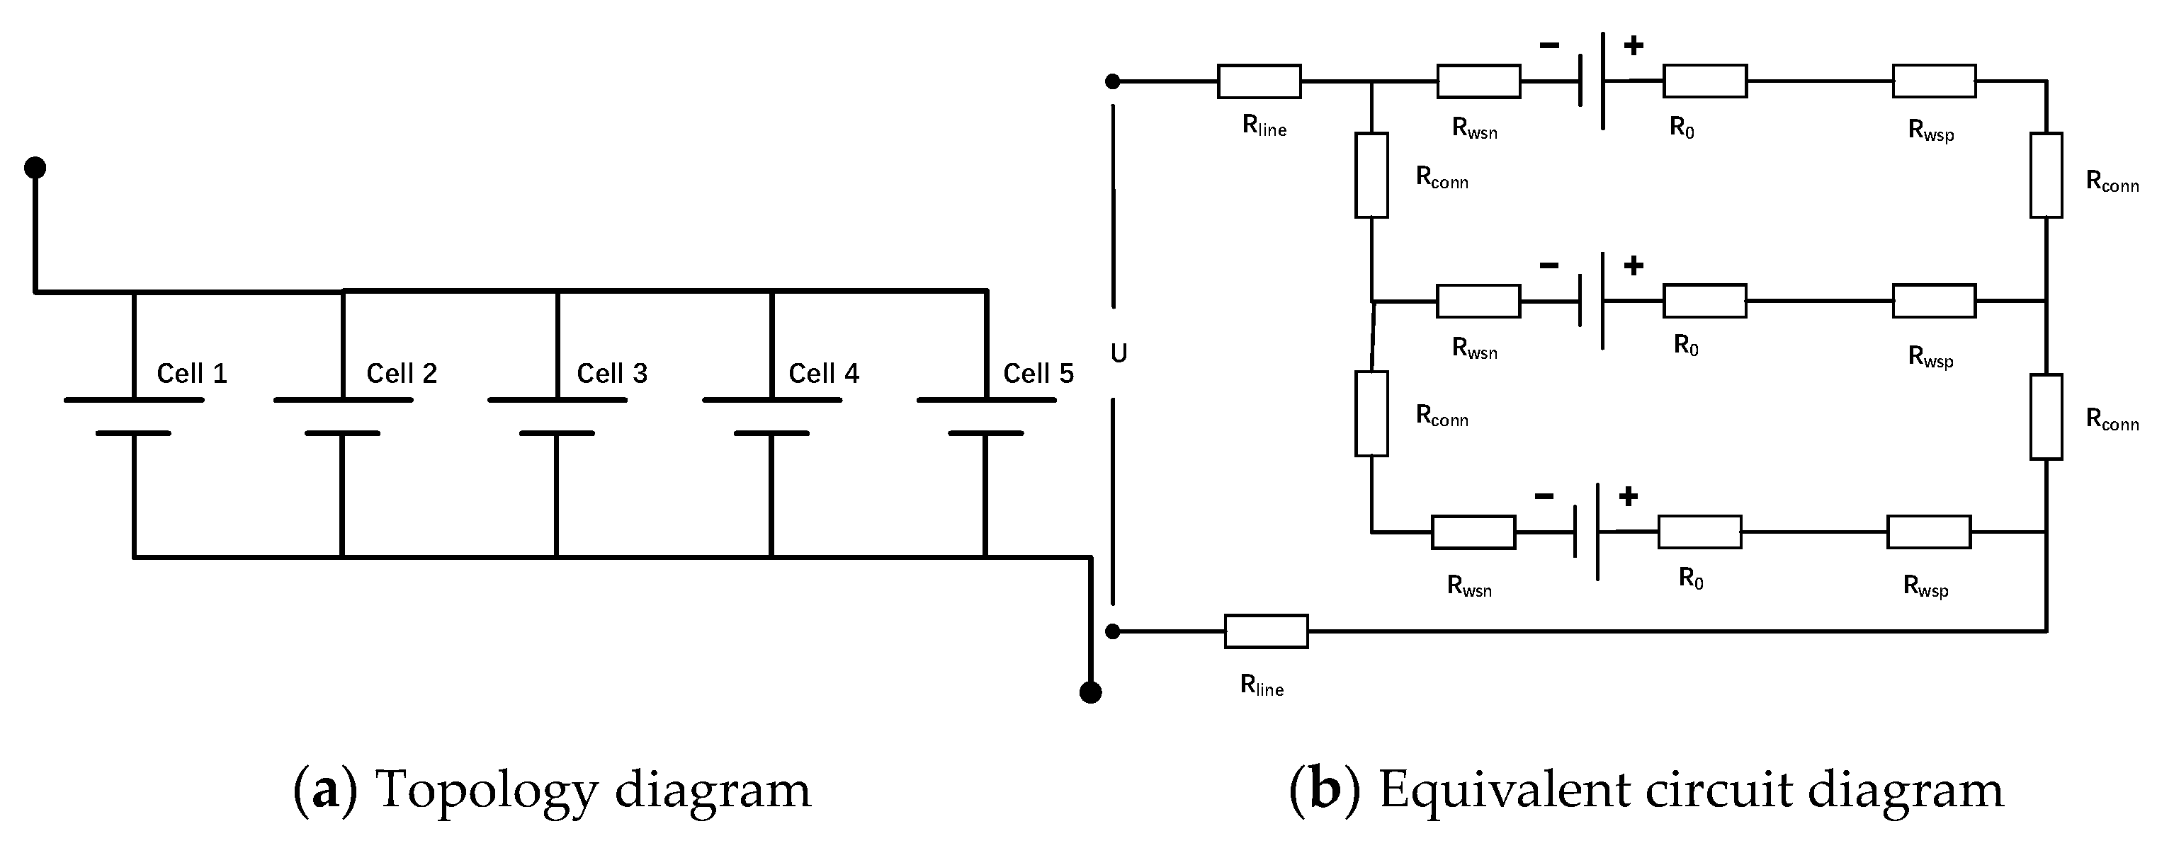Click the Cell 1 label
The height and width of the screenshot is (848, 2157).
192,373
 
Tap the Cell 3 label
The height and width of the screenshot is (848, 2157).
612,373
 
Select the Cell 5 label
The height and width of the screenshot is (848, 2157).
1038,373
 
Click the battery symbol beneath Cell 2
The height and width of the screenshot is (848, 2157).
342,416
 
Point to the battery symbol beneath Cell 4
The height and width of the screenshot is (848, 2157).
771,416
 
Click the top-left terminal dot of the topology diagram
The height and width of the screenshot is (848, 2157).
34,168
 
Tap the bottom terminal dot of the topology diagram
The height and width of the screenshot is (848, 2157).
1090,692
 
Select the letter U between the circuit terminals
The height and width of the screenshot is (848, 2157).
1119,354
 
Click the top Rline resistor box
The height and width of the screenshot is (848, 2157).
1259,81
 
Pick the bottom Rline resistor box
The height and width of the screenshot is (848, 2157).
1266,631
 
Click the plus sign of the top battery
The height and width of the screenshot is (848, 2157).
1633,45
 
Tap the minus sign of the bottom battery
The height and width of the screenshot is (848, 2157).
1544,496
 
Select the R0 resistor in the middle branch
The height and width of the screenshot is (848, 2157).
1704,301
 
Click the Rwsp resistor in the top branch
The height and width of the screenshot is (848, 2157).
1935,81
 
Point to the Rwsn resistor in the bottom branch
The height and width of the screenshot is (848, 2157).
1473,532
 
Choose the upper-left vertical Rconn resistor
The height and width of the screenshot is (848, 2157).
1371,175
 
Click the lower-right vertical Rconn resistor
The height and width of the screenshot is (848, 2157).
2046,417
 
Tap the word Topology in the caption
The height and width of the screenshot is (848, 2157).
487,790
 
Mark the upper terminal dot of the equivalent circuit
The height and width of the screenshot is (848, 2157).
1113,81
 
